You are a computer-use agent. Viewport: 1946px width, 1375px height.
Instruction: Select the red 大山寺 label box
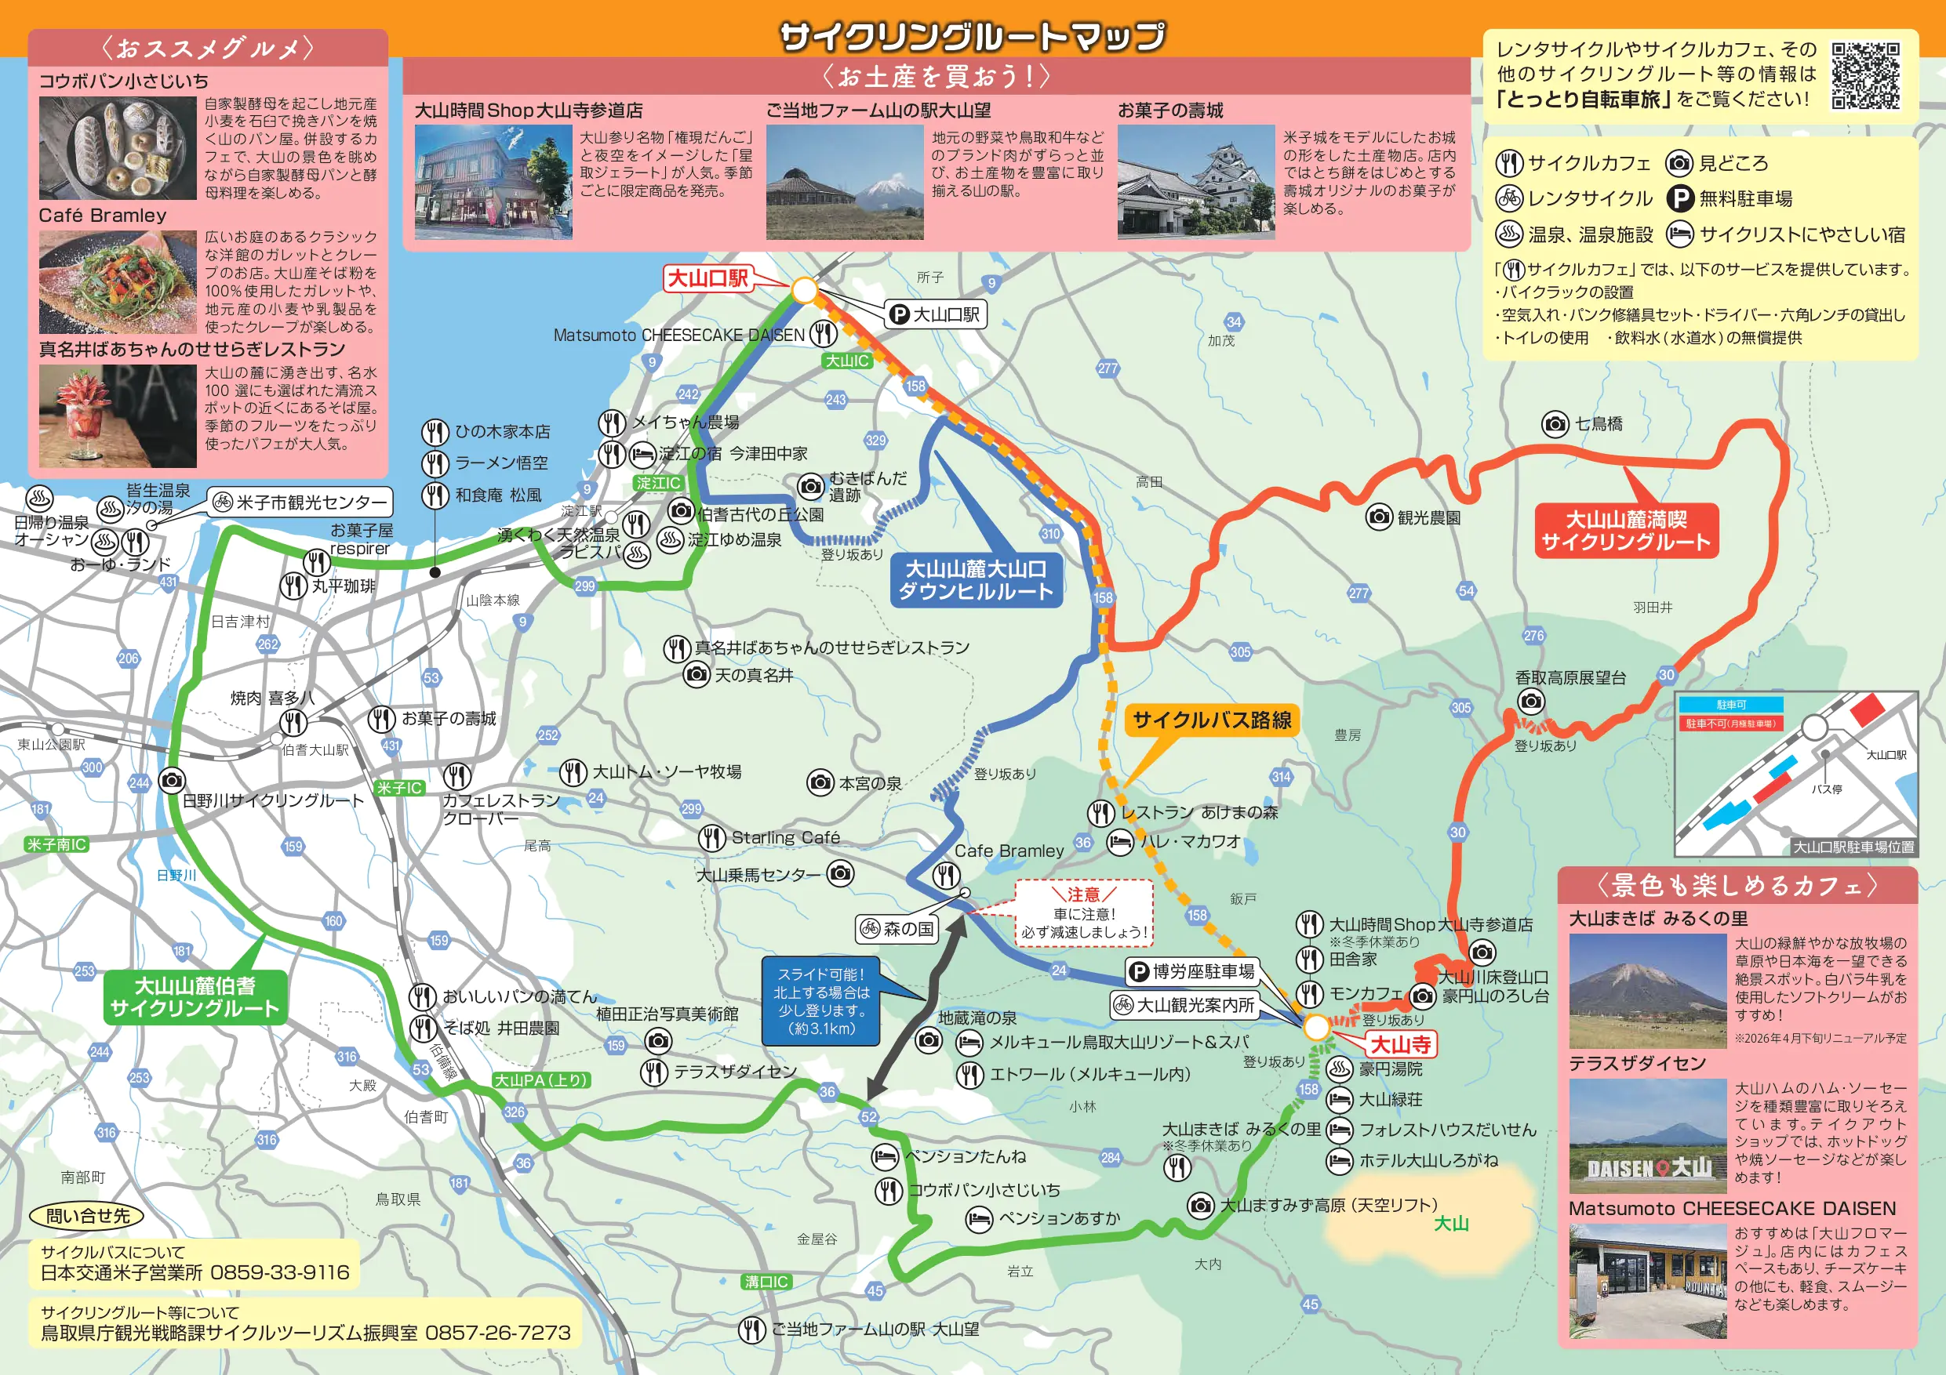(x=1401, y=1045)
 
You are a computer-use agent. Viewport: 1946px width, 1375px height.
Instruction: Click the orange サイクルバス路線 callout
(x=1211, y=720)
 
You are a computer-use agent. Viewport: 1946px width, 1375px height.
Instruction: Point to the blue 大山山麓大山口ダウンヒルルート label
(x=976, y=580)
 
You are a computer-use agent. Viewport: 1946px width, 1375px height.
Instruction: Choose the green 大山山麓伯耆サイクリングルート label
(x=195, y=997)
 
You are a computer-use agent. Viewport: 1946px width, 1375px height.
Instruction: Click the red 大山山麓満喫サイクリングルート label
(x=1626, y=531)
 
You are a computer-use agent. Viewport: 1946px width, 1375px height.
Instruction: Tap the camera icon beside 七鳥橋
(x=1555, y=423)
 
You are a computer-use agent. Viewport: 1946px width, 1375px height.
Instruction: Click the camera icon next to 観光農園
(x=1379, y=517)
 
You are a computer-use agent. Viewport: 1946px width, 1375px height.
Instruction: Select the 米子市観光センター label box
(x=301, y=502)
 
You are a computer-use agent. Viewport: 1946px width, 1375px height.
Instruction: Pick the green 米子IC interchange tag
(x=399, y=788)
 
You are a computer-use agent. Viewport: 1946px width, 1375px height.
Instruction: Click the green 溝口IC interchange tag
(x=766, y=1282)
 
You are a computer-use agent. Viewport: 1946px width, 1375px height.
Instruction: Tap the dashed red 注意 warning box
(x=1084, y=913)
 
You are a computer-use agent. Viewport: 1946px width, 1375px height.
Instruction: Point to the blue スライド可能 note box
(x=821, y=1001)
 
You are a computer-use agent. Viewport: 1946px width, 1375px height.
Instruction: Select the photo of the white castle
(x=1196, y=182)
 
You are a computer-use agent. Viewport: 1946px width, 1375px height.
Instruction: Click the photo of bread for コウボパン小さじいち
(x=118, y=147)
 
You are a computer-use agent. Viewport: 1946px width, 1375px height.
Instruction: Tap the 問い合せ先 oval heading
(x=87, y=1216)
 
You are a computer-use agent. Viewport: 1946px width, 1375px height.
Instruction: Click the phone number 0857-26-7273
(x=497, y=1333)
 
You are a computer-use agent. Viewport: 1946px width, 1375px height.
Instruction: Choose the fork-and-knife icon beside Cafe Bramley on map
(x=946, y=875)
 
